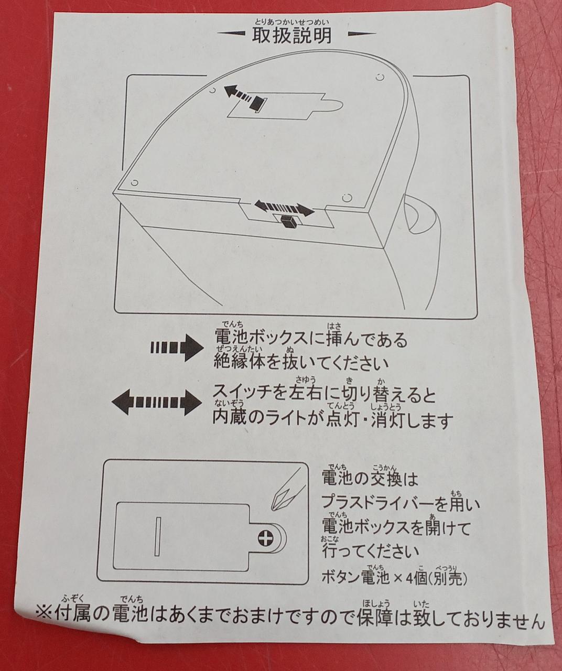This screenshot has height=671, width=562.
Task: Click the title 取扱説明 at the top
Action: click(291, 36)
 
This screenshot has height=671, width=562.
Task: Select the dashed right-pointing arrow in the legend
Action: click(177, 348)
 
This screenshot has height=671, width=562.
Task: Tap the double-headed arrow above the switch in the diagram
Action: click(284, 207)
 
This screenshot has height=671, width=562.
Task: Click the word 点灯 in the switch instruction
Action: click(342, 420)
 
